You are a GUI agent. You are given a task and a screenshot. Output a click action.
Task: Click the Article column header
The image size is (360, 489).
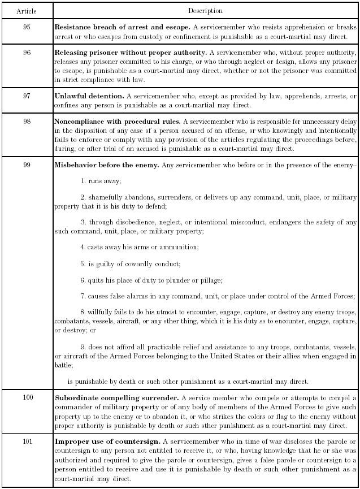click(27, 11)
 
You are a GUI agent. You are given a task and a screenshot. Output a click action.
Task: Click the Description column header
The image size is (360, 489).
click(205, 11)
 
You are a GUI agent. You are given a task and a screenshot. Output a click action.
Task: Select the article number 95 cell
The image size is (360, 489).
click(27, 27)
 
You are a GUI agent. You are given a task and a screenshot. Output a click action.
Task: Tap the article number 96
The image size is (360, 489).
click(27, 52)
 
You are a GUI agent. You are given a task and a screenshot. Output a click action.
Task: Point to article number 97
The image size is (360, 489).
click(27, 96)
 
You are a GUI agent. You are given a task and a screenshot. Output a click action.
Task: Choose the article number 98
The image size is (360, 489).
click(27, 122)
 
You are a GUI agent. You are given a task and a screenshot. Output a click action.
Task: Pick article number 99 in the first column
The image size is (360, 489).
click(27, 165)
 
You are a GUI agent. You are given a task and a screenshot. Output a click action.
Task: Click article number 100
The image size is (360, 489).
click(28, 398)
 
